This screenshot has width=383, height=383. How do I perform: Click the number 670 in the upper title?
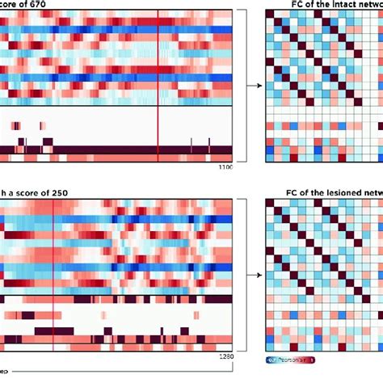tap(39, 4)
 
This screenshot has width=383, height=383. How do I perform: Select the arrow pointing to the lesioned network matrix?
tap(251, 275)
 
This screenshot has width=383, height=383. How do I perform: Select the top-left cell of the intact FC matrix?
tap(271, 18)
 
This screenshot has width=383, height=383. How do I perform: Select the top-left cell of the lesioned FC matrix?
tap(271, 206)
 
